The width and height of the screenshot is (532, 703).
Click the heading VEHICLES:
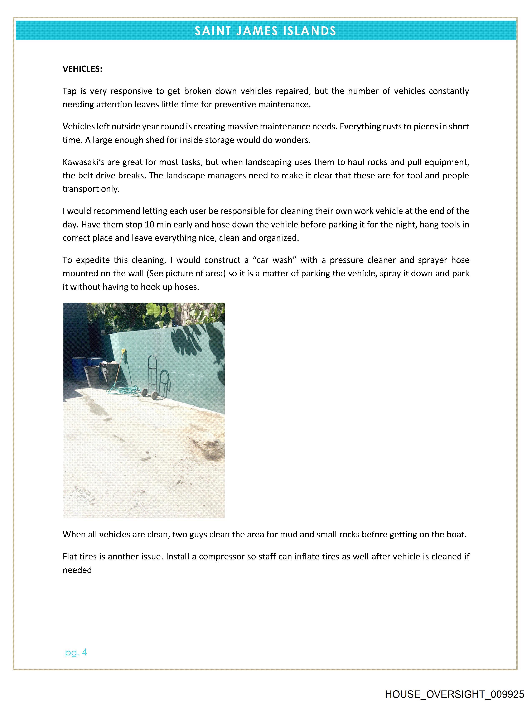coord(82,69)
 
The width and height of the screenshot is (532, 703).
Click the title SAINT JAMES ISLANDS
coord(265,31)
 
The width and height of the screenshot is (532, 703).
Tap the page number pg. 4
coord(76,653)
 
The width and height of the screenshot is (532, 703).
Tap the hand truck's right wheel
coord(154,396)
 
